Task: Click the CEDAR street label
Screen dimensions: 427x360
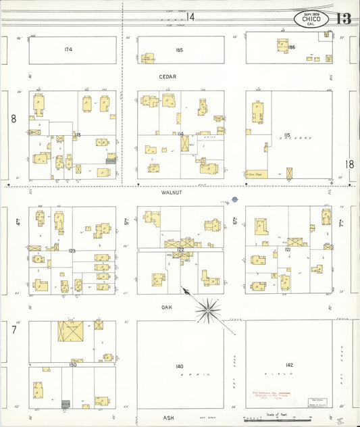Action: point(168,77)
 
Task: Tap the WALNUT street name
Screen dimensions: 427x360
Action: point(172,193)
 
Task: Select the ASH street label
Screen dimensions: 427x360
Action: point(168,418)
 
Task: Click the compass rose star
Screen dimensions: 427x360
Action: point(208,310)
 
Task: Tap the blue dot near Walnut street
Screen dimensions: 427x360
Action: point(234,199)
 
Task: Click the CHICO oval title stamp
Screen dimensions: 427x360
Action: point(311,18)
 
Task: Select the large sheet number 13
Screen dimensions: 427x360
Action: point(343,18)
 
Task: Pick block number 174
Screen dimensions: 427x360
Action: point(68,49)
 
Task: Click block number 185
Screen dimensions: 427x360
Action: point(179,49)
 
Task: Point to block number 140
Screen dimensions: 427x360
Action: point(179,366)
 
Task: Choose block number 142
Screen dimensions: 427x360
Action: point(289,366)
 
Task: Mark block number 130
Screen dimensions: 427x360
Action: point(72,365)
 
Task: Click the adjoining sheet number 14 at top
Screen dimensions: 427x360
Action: point(191,16)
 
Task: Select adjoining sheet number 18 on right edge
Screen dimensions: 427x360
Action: point(349,164)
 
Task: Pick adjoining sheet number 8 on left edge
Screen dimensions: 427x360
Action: point(13,119)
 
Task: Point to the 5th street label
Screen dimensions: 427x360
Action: point(126,221)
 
